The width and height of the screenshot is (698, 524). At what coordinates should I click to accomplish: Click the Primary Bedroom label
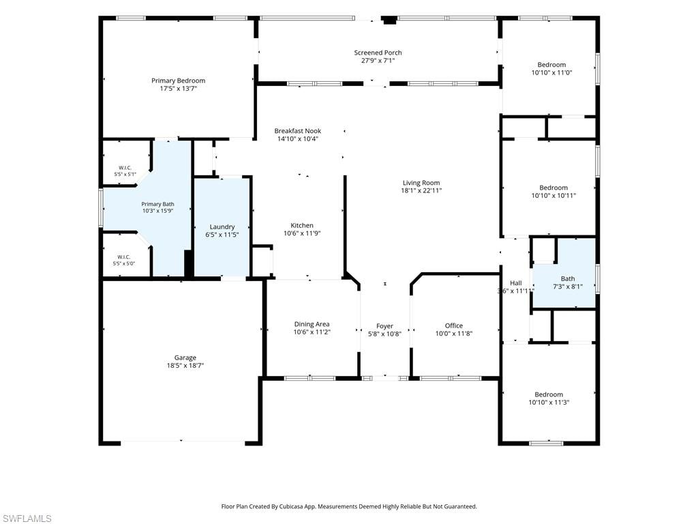tap(178, 81)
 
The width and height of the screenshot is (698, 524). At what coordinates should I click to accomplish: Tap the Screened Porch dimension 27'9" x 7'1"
tap(378, 61)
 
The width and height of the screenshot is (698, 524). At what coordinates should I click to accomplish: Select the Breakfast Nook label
tap(298, 131)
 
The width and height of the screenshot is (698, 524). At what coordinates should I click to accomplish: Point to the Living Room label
tap(421, 183)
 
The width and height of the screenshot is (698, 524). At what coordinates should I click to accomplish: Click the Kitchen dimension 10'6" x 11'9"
tap(302, 233)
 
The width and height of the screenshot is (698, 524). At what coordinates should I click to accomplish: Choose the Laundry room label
tap(222, 227)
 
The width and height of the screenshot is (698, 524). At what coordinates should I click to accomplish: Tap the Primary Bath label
tap(157, 204)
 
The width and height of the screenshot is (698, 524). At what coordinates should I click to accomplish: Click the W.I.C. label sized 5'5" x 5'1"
tap(125, 168)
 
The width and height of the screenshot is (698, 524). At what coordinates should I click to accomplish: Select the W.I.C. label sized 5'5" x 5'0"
tap(124, 257)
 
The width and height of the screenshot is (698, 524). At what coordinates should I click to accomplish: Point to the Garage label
tap(185, 358)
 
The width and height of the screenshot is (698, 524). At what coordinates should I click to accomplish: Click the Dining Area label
tap(312, 324)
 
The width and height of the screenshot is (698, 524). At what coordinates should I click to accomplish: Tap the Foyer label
tap(384, 326)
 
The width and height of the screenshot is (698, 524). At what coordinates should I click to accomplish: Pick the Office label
tap(453, 325)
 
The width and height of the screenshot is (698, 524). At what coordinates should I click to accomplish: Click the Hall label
tap(516, 283)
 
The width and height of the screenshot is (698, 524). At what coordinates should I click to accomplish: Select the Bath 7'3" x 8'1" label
tap(568, 279)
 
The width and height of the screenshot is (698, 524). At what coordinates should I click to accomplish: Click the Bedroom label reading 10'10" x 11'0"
tap(551, 65)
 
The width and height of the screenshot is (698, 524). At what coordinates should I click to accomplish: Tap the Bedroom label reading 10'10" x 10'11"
tap(553, 188)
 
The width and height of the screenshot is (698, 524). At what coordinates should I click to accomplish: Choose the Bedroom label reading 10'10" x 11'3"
tap(549, 394)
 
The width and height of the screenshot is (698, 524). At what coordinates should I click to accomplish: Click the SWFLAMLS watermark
tap(26, 519)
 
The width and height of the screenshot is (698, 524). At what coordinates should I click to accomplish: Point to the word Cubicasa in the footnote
tap(291, 507)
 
